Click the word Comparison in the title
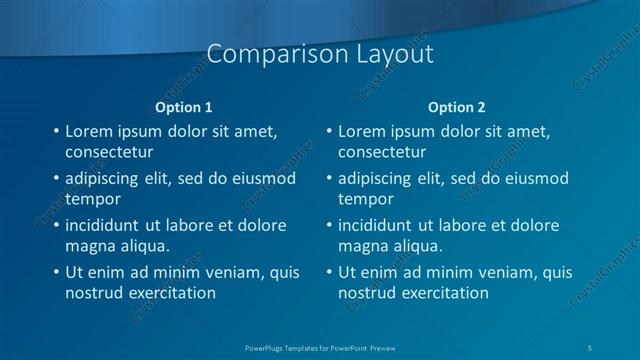[264, 55]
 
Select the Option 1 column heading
[184, 107]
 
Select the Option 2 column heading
[457, 107]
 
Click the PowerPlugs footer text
[320, 347]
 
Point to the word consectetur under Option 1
[109, 153]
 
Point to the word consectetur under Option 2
[382, 153]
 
